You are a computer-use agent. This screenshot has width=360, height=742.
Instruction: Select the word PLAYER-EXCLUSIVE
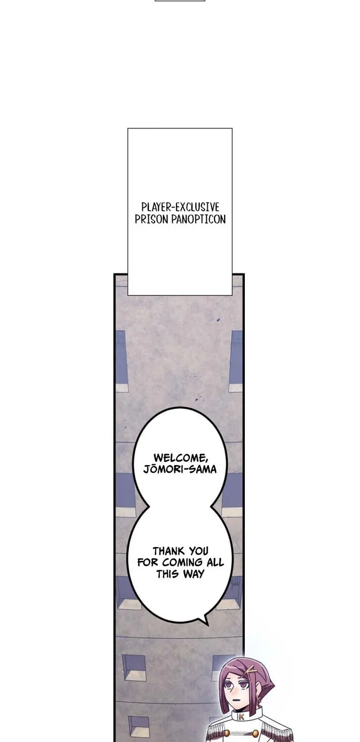coord(180,207)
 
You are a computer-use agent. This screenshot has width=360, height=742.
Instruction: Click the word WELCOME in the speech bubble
coord(180,458)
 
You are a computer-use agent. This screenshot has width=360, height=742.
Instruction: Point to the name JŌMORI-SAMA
coord(180,469)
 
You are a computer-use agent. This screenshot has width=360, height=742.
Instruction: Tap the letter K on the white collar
coord(241,716)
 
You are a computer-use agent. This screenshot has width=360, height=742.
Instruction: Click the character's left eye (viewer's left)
coord(228,685)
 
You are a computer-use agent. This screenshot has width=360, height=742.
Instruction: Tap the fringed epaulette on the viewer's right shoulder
coord(275,732)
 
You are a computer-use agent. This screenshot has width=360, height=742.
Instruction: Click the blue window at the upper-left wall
coord(121,361)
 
